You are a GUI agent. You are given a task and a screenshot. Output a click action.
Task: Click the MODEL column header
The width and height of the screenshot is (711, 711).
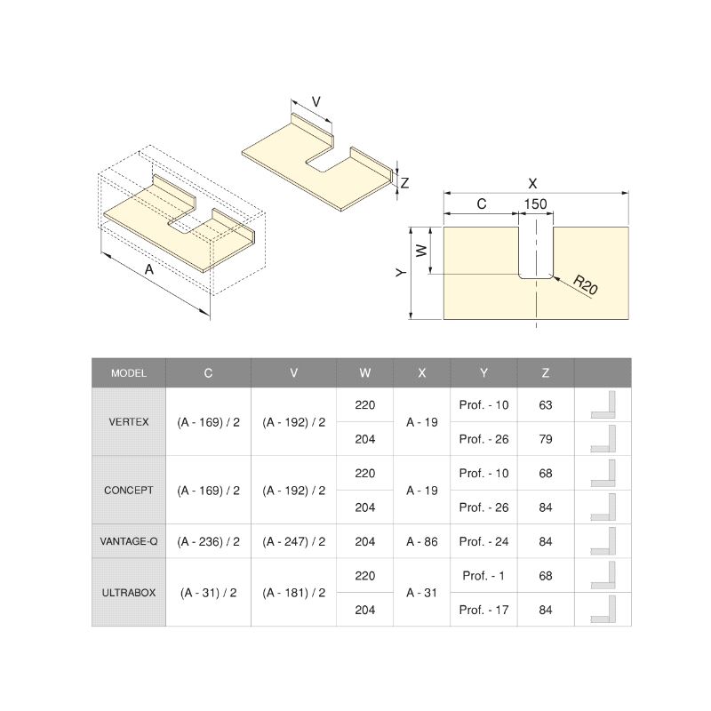point(129,373)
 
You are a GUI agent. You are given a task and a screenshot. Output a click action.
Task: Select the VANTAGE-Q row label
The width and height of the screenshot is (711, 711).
point(129,541)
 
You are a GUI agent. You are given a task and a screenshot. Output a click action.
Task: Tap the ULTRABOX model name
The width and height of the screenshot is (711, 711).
point(129,593)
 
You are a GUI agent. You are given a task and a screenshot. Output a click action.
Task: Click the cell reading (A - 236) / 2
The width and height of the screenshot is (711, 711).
point(208,541)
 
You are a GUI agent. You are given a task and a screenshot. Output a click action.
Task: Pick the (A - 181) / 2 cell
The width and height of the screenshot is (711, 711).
point(294,593)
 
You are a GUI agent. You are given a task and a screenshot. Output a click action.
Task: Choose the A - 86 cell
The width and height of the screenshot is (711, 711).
point(421,541)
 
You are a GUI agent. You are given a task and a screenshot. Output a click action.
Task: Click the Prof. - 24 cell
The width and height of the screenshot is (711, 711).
point(483,541)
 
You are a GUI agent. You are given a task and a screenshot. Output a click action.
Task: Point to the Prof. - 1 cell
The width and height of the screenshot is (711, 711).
point(483,576)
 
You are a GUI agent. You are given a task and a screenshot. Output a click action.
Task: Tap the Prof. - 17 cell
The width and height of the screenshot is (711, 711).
point(483,610)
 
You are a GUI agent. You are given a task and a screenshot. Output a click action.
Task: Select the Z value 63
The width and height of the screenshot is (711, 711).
point(546,405)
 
